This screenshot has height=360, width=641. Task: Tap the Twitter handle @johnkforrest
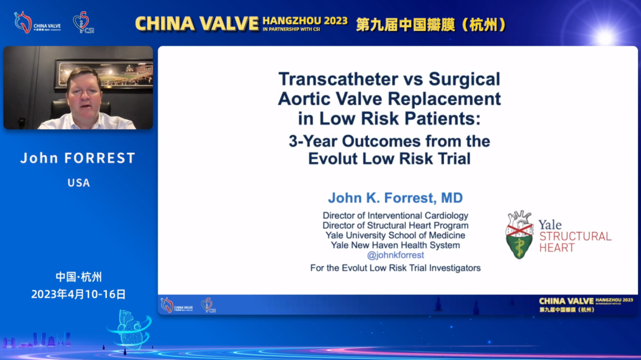tap(395, 255)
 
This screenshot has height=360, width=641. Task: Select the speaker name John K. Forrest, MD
tap(395, 197)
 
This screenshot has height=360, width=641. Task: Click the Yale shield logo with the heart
tap(519, 234)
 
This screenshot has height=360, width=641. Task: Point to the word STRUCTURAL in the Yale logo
tap(575, 236)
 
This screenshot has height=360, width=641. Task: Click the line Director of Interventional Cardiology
tap(395, 215)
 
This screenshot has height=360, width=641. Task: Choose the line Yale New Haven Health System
tap(395, 245)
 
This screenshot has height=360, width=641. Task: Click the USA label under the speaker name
tap(78, 183)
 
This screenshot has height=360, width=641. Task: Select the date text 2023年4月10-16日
tap(78, 294)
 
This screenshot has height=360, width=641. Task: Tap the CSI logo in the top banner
tap(84, 23)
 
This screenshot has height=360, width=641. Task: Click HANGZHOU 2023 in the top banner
tap(305, 21)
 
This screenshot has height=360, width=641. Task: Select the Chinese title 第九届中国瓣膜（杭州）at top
tap(431, 24)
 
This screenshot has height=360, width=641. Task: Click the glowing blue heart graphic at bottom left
tap(129, 329)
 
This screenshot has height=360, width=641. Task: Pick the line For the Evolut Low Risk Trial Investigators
tap(395, 268)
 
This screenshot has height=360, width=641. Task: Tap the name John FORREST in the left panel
tap(78, 158)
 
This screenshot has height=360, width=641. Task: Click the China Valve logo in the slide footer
tap(177, 305)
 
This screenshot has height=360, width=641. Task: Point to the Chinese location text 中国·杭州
tap(78, 277)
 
